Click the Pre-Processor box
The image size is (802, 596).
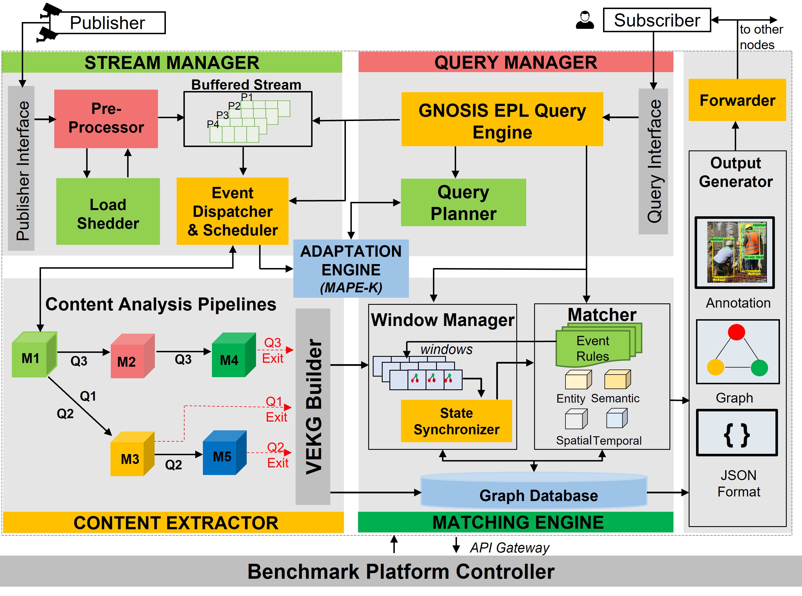(x=106, y=118)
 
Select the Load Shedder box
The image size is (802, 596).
(x=108, y=212)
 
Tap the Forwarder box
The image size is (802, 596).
(x=737, y=100)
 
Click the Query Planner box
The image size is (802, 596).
(x=463, y=202)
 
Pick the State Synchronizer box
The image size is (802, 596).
(x=456, y=421)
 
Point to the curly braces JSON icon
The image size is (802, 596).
(x=736, y=433)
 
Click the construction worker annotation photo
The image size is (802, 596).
(x=734, y=252)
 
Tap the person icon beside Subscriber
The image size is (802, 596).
(x=585, y=20)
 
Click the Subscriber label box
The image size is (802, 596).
(x=657, y=20)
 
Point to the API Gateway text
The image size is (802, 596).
(x=509, y=548)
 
